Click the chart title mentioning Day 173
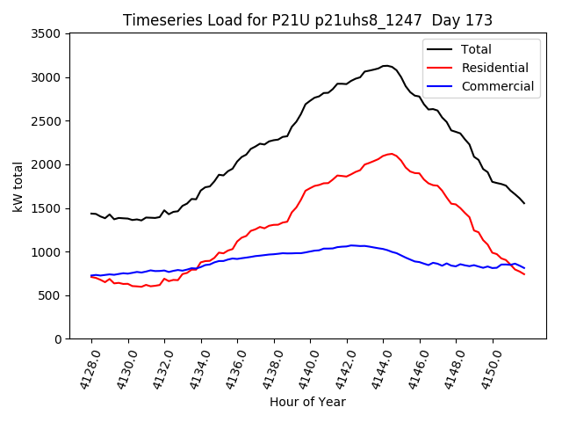(307, 20)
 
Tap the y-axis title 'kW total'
(18, 186)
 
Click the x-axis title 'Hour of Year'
(307, 402)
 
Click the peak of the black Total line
(385, 66)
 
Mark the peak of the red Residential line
(391, 153)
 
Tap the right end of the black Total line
(524, 203)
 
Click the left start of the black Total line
(91, 214)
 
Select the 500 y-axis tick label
(49, 295)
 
